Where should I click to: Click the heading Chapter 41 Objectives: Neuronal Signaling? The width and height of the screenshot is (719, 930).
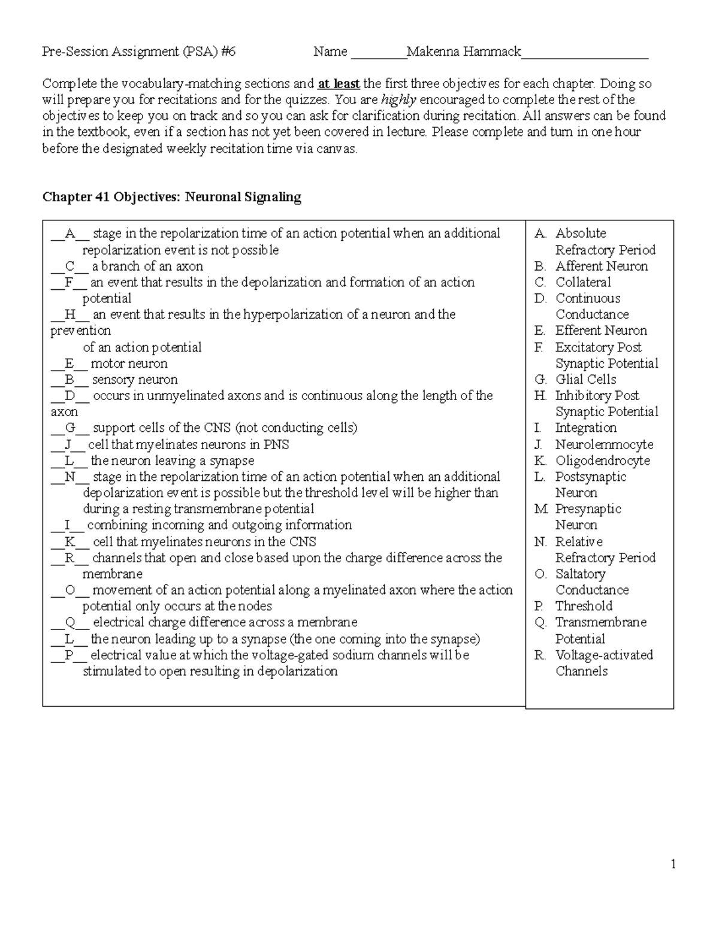[171, 197]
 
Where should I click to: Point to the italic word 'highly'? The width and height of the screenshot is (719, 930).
[398, 100]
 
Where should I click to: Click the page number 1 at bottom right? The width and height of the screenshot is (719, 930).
[673, 864]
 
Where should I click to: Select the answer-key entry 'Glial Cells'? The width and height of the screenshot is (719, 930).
[585, 380]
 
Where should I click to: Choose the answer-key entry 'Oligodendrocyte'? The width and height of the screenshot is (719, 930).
[602, 461]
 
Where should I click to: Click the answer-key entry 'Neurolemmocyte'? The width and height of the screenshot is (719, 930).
[604, 445]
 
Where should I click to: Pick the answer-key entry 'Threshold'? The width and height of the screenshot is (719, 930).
[584, 606]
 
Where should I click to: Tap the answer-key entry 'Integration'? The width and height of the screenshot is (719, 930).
[585, 428]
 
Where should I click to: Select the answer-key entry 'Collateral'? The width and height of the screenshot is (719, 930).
[583, 283]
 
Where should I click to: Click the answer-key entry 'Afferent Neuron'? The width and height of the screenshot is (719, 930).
[602, 266]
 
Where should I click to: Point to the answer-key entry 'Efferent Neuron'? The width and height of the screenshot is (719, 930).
[601, 331]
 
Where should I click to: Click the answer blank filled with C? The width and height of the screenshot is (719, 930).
[70, 266]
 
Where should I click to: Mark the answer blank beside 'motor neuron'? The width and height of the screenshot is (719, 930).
[69, 364]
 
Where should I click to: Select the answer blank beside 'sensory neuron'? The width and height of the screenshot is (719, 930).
[70, 380]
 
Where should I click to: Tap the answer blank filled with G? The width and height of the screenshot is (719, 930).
[70, 428]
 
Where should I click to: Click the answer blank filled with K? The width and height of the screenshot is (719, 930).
[70, 542]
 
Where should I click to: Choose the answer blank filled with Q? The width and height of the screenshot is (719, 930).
[70, 623]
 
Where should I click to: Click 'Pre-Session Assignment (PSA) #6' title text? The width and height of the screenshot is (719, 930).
[139, 52]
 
